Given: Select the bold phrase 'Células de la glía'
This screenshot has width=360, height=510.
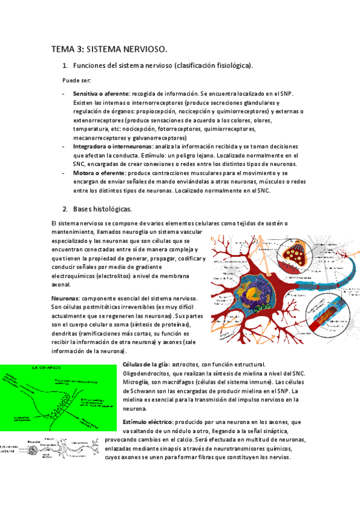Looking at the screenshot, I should [145, 364].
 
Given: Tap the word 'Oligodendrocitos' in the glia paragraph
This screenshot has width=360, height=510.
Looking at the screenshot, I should [145, 373].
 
